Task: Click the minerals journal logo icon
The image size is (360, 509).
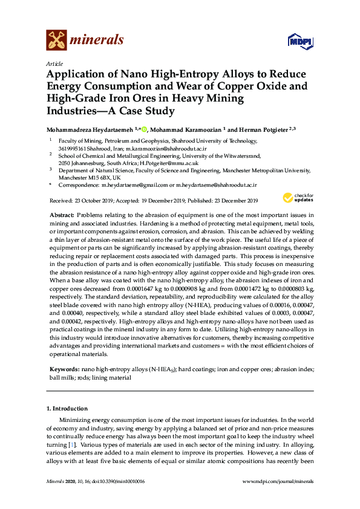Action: pos(56,40)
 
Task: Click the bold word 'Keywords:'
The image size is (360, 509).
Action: pos(64,369)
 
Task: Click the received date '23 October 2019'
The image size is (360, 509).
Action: pos(94,201)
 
